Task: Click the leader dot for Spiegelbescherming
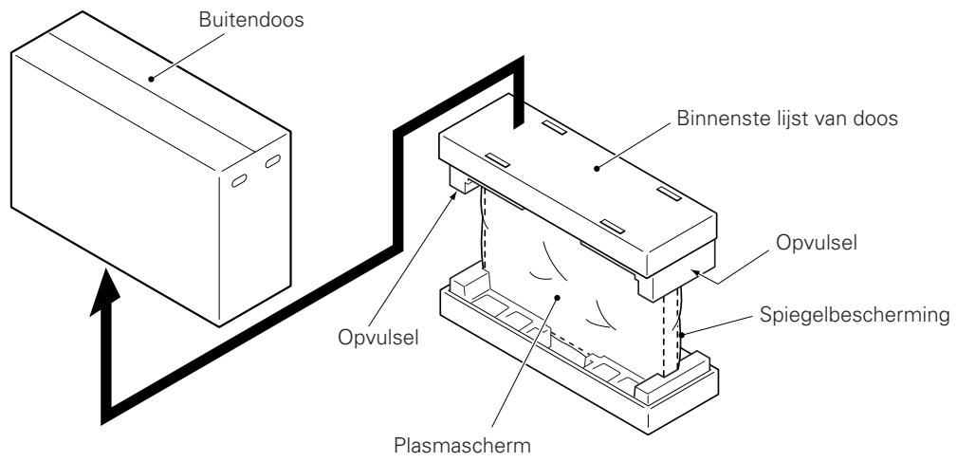(x=681, y=335)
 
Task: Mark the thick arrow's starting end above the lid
(x=518, y=119)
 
